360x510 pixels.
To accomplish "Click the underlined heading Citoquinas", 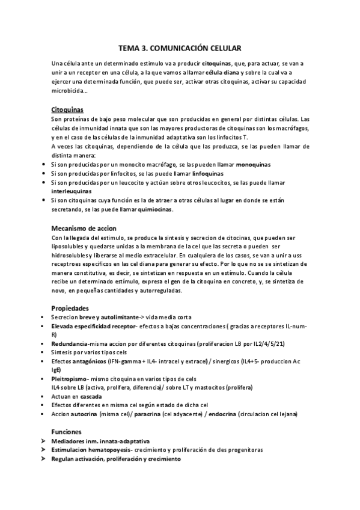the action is pos(67,110).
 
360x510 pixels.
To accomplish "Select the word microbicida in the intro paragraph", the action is pos(69,91).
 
